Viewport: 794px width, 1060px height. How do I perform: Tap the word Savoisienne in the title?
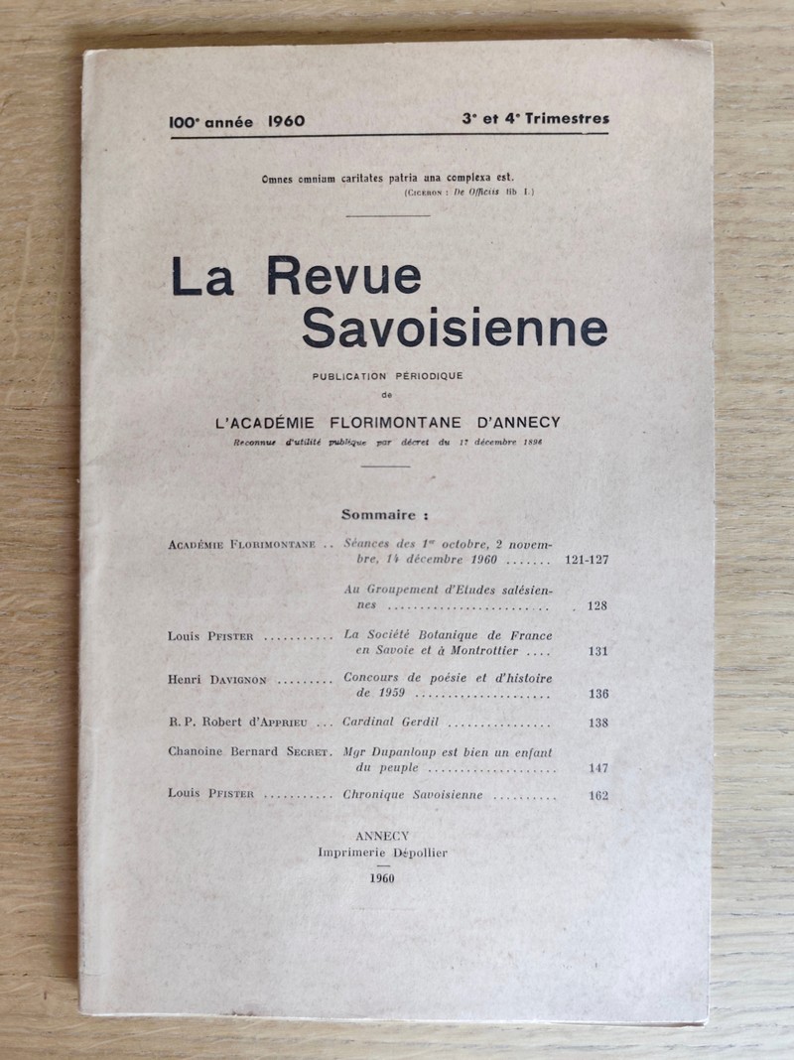[x=455, y=329]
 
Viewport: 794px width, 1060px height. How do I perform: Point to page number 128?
[x=596, y=605]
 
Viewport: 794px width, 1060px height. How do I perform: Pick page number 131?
[x=596, y=651]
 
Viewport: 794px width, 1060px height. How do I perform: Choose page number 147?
[x=596, y=768]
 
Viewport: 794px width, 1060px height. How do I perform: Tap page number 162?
[x=596, y=795]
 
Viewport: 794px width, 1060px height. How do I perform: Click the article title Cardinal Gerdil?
[x=390, y=724]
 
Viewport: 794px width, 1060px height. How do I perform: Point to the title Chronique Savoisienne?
[x=413, y=795]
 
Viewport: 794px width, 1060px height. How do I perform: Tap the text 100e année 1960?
[x=236, y=121]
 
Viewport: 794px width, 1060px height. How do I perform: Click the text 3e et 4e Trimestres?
[x=535, y=119]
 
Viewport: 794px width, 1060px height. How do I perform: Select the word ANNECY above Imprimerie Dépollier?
[x=381, y=838]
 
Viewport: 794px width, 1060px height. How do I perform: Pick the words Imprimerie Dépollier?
[x=382, y=854]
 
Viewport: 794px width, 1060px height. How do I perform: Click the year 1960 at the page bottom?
[x=382, y=879]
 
